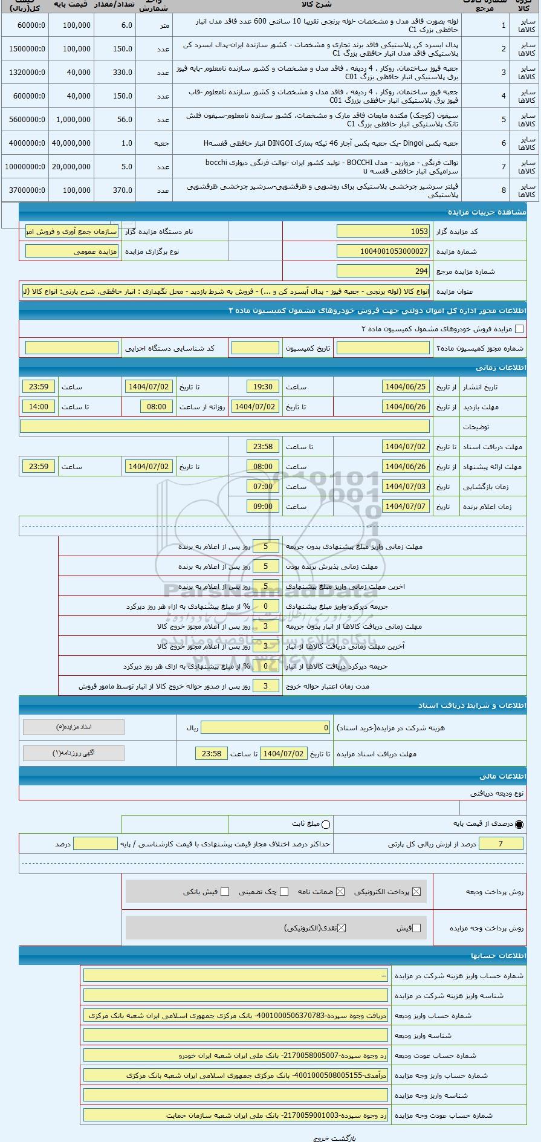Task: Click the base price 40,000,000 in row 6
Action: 72,143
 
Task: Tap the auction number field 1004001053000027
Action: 383,251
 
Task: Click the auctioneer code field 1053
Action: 383,232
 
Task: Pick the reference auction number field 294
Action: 383,271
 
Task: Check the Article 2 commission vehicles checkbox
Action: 519,329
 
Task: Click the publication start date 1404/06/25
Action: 406,387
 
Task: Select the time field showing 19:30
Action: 263,387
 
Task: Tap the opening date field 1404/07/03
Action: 406,487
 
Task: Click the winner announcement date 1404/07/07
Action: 406,507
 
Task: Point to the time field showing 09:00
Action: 263,507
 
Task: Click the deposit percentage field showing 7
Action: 501,844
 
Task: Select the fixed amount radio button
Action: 326,824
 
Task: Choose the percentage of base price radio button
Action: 519,824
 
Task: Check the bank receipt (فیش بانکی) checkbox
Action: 225,892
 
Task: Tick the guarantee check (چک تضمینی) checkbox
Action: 284,892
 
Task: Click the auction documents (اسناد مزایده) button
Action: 74,727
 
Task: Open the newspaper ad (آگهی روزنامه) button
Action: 74,753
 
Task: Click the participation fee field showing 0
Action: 266,728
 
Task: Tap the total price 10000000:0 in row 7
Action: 25,167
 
